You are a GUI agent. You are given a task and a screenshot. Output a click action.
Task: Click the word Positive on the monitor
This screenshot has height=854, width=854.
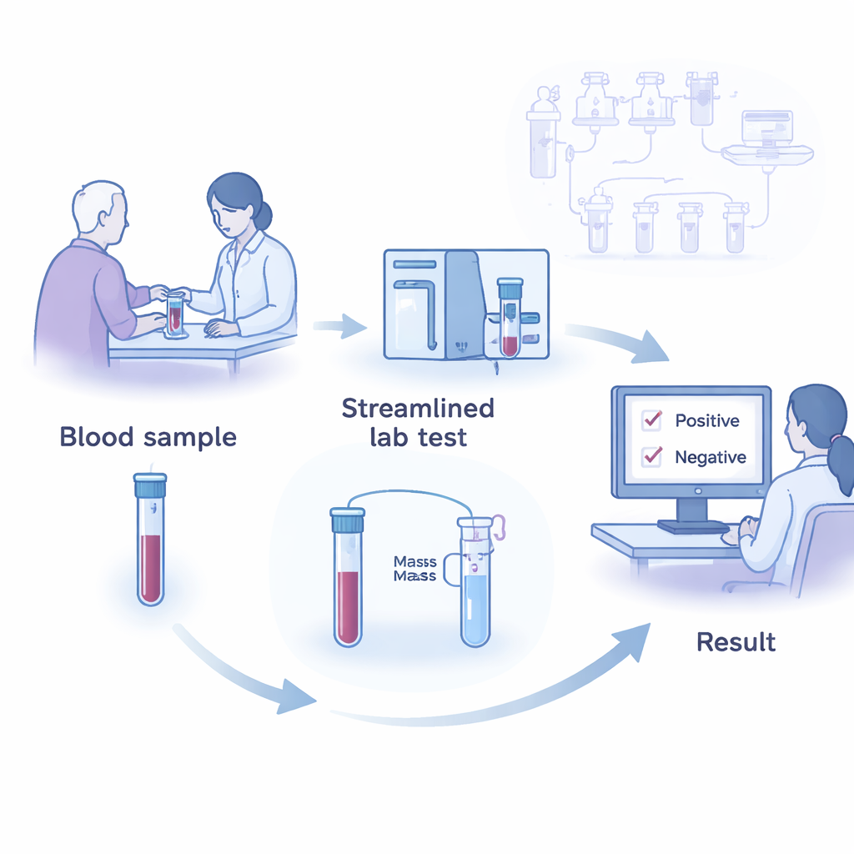[x=707, y=420]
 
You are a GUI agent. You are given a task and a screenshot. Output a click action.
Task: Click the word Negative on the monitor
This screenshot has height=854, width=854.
[x=710, y=457]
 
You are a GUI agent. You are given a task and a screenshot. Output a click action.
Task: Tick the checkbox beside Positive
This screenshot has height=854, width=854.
[x=652, y=420]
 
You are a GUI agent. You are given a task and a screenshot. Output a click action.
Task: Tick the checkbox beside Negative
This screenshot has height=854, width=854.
[x=652, y=457]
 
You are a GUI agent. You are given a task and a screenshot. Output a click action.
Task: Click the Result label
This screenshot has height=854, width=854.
[x=736, y=642]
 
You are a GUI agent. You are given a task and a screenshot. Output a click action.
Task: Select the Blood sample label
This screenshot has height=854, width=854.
[x=148, y=437]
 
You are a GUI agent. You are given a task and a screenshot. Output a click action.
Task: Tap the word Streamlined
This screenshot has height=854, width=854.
[x=418, y=409]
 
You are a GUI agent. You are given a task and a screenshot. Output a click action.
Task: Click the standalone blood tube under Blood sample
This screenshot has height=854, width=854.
[x=150, y=542]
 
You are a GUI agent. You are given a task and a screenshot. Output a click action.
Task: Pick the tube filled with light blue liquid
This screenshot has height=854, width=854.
[x=475, y=584]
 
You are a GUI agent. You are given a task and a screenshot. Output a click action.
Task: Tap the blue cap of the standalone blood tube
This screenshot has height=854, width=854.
[x=150, y=481]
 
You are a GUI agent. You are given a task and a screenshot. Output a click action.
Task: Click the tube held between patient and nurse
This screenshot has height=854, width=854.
[x=175, y=314]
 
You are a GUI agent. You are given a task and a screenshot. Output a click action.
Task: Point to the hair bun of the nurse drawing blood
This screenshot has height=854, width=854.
[x=263, y=215]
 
